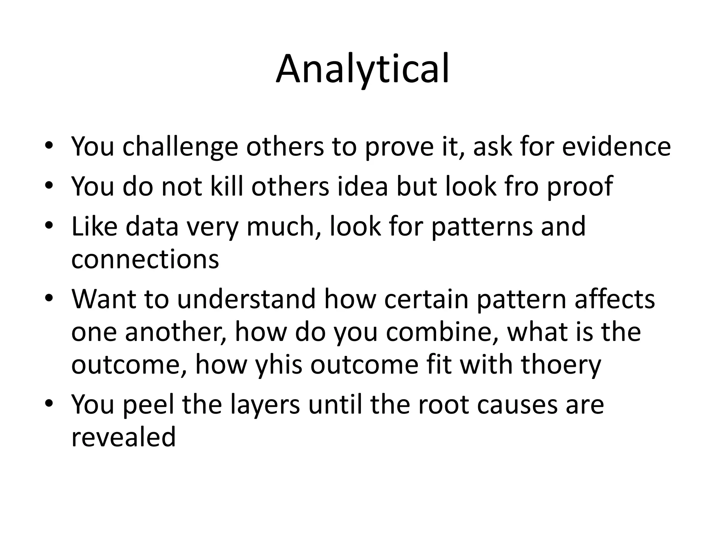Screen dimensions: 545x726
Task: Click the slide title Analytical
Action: pyautogui.click(x=363, y=69)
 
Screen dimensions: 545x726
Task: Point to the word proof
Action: pyautogui.click(x=580, y=187)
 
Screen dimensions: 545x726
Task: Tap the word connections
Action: pyautogui.click(x=145, y=259)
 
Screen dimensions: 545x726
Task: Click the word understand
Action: pyautogui.click(x=246, y=299)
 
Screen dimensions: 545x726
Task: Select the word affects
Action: pyautogui.click(x=615, y=299)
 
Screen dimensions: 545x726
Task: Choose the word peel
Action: pyautogui.click(x=148, y=405)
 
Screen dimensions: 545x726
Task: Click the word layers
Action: pyautogui.click(x=265, y=405)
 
